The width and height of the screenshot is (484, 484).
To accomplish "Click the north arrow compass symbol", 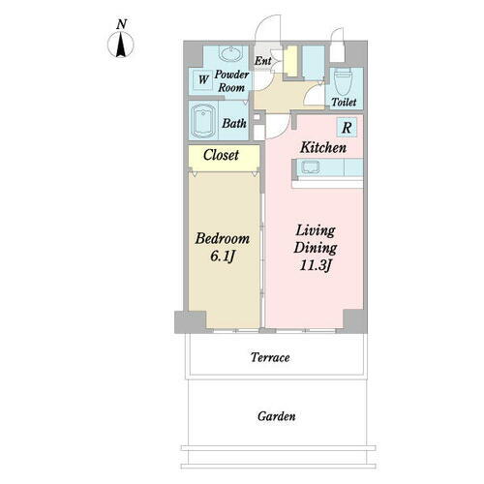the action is point(121,45).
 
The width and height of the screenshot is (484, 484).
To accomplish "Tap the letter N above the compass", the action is point(121,24).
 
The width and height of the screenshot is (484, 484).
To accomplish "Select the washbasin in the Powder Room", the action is point(230,53).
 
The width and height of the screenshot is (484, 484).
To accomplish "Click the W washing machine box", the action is point(203,79).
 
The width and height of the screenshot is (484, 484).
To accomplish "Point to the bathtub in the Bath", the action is point(203,121).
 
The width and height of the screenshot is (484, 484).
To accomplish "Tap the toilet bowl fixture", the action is point(343,81).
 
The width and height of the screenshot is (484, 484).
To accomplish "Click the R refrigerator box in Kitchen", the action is point(347,127).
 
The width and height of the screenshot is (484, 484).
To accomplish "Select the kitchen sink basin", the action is point(310,167).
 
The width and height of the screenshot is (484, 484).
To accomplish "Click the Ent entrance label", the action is point(263,60).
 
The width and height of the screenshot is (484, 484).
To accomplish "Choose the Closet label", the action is point(221,155).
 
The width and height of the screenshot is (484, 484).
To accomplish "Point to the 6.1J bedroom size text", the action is point(222,257).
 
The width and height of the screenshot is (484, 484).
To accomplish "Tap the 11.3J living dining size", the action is point(316,266).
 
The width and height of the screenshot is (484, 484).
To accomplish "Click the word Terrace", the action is point(270,357).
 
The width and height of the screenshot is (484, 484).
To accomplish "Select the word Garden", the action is point(277,416).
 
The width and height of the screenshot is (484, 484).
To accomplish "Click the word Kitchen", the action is point(323,148).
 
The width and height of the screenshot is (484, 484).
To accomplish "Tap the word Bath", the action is point(234,123).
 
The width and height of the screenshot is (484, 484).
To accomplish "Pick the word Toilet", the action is point(344,102).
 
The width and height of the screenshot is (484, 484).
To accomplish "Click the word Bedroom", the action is point(223,239).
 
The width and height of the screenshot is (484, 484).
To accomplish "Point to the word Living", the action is point(316,231).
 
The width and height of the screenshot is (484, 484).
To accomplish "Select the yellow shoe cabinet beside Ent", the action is point(292,61).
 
